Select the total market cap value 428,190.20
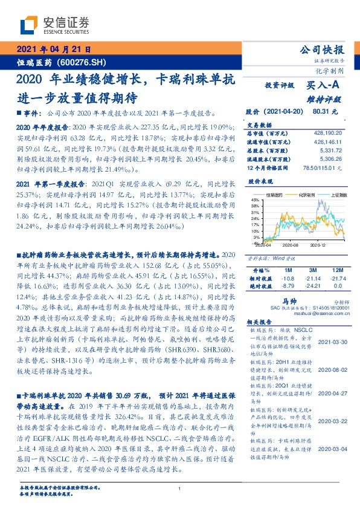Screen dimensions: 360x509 tap(329, 132)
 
